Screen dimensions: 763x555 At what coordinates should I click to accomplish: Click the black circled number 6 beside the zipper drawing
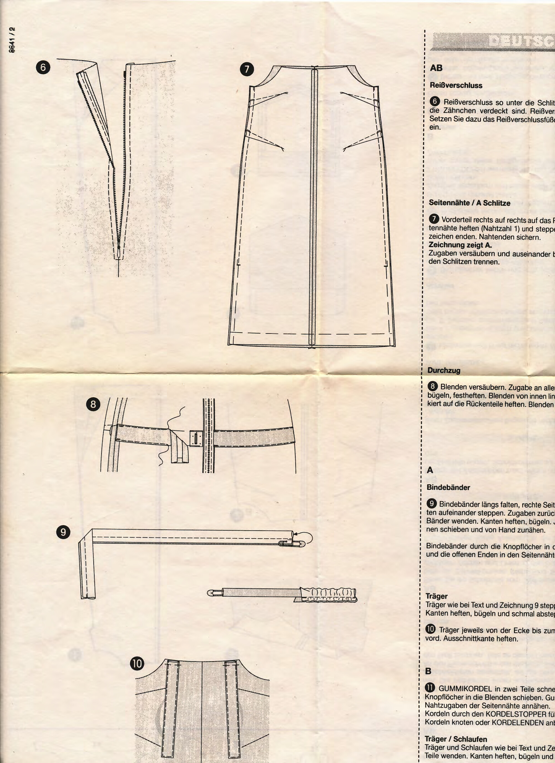point(43,67)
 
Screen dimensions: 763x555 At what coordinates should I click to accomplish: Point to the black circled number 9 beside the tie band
point(63,532)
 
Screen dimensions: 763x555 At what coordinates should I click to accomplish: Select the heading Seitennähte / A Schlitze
point(469,203)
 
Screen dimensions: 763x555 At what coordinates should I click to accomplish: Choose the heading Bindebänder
point(448,487)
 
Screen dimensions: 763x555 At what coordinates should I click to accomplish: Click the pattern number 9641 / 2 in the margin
point(12,39)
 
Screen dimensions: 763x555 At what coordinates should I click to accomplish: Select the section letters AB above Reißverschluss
point(436,68)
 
